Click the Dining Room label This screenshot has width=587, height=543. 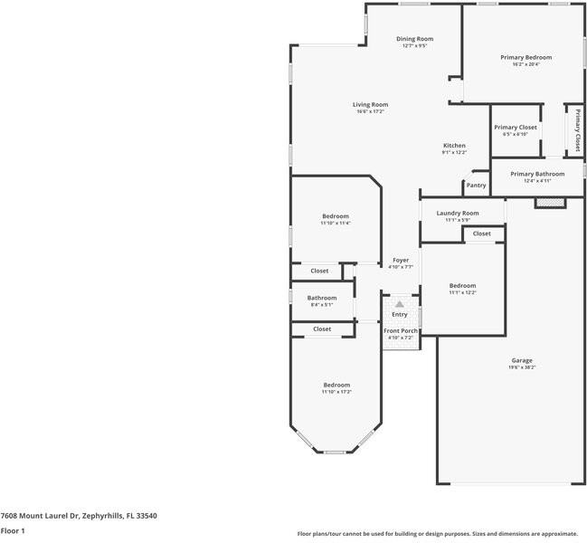pos(415,39)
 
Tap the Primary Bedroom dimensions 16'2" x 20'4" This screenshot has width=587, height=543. pos(525,64)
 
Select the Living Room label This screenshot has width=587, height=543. pos(370,104)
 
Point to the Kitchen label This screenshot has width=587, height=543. pos(454,146)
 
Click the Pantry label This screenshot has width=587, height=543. pos(476,186)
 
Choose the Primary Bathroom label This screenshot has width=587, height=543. pos(536,174)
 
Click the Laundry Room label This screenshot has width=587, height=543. pos(457,213)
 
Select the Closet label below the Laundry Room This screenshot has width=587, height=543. pos(482,233)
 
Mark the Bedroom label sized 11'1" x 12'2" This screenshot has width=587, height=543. pos(462,285)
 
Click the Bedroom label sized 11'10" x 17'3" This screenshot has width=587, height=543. pos(336,385)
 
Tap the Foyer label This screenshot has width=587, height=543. pos(400,260)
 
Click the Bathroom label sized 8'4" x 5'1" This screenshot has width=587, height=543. pos(321,298)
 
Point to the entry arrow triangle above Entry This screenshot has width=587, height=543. pos(399,304)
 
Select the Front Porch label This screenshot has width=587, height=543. pos(400,330)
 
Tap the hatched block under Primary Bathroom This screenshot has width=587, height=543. pos(549,203)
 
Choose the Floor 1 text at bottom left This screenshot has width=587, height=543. pos(13,531)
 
